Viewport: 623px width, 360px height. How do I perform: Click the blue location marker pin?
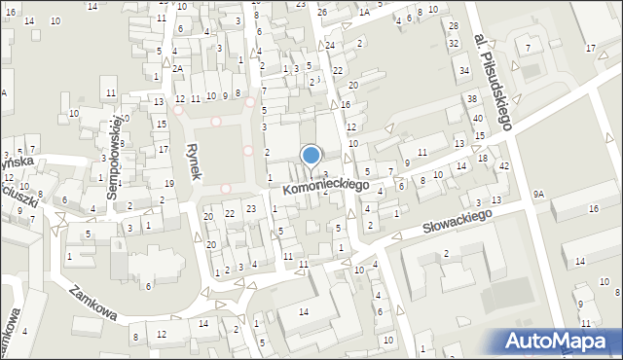pos(311,156)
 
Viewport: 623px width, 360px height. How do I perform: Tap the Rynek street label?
pos(193,161)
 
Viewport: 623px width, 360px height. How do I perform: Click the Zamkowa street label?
pos(92,302)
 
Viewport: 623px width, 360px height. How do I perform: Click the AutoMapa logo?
pos(556,340)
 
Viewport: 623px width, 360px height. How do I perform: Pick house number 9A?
pos(538,194)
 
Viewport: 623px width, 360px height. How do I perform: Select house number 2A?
pos(178,68)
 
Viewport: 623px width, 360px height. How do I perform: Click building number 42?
pos(503,166)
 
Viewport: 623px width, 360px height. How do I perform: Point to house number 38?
pos(471,99)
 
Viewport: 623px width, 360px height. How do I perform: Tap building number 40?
pos(477,119)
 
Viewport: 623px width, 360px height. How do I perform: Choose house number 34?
pos(464,71)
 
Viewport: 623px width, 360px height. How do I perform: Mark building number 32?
pos(454,44)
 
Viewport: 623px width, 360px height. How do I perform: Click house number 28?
pos(453,25)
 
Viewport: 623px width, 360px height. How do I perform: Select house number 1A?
pos(364,12)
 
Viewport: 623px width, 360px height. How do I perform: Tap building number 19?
pos(168,183)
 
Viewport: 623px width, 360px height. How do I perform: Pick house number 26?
pos(322,12)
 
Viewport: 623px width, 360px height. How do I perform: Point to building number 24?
pos(330,46)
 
